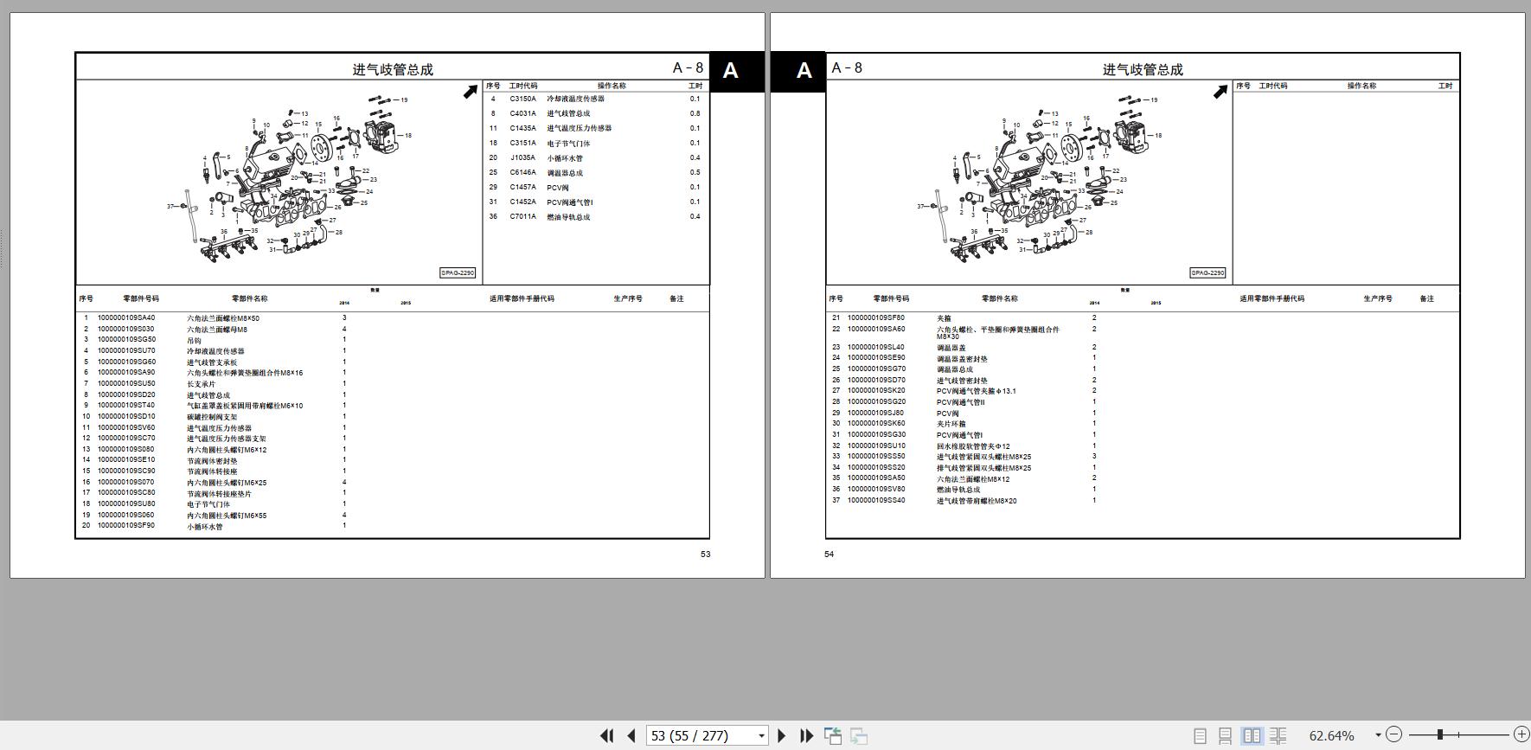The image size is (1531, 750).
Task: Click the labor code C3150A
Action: (x=522, y=99)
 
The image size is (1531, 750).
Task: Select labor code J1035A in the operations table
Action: (x=522, y=158)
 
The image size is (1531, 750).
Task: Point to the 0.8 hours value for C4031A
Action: (x=695, y=113)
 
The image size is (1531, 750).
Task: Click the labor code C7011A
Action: (x=522, y=217)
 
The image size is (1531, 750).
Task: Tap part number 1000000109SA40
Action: (x=126, y=318)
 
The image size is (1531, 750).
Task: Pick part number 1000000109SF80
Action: (x=876, y=318)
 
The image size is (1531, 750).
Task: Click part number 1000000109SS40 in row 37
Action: (x=876, y=501)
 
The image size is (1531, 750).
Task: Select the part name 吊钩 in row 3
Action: (x=195, y=340)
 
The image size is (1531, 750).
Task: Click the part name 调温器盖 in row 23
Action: (x=951, y=348)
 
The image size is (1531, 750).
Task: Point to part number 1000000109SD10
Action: (x=126, y=417)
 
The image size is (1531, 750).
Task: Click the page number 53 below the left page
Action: (x=705, y=554)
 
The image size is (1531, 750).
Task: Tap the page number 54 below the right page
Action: (x=829, y=554)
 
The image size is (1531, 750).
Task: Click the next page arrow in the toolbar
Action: (x=782, y=736)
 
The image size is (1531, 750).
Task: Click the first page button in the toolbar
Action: (x=606, y=736)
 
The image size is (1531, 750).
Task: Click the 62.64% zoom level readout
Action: (x=1331, y=736)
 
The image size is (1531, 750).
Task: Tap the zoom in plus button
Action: (x=1521, y=734)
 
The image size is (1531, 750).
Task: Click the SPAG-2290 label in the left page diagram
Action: (x=458, y=273)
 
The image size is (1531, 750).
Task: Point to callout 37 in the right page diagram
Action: (x=920, y=207)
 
